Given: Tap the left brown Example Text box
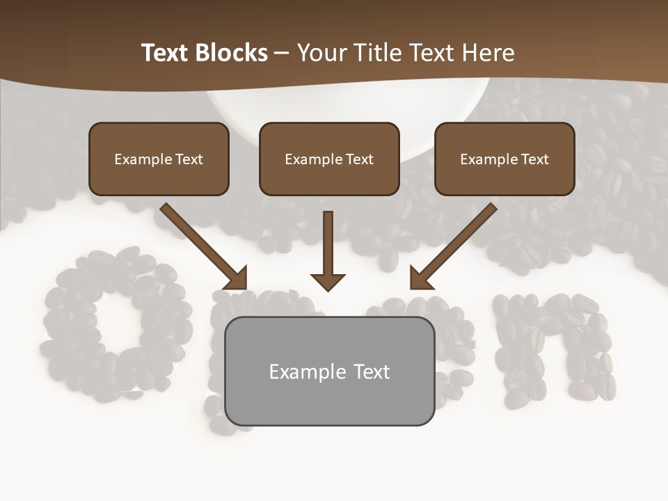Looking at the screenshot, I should [159, 159].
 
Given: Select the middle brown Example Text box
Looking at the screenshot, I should [329, 159].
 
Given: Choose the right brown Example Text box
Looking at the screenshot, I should [504, 159].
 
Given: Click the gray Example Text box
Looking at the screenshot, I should [329, 371].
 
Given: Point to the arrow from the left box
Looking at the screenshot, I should [202, 244].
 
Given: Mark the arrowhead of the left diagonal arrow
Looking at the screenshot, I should [237, 278].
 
